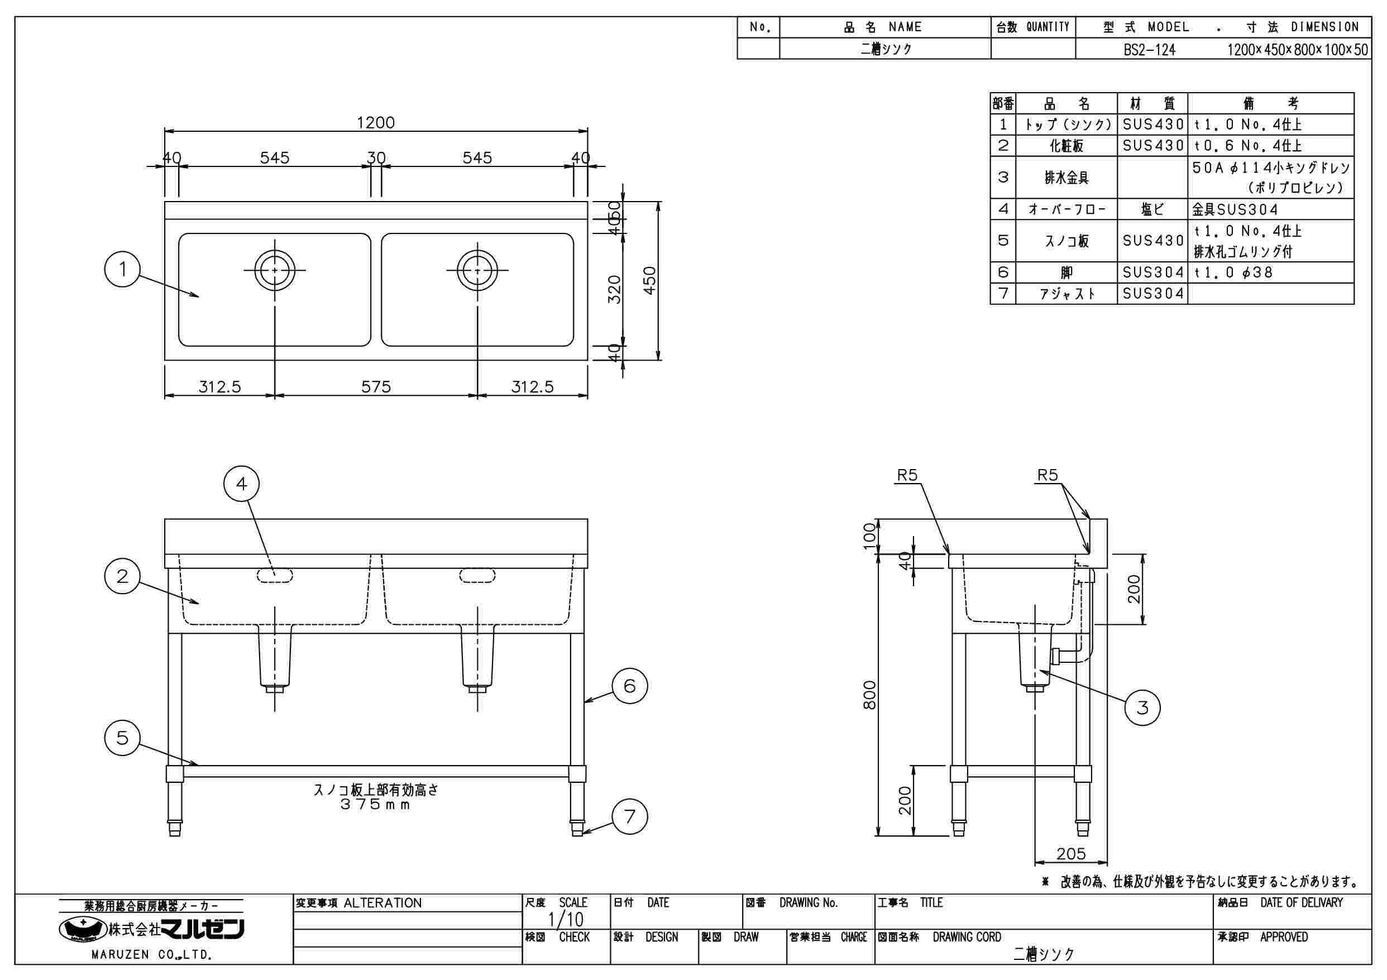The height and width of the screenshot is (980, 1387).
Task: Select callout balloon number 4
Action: coord(242,484)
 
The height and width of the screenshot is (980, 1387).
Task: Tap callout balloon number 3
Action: coord(1142,707)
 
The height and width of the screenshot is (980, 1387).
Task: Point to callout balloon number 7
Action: coord(629,817)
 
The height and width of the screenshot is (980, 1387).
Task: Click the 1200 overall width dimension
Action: coord(375,123)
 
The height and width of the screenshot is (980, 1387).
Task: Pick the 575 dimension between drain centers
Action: coord(376,386)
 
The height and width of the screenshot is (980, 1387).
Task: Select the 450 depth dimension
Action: coord(649,280)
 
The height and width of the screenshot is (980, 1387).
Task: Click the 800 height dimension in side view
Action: coord(869,695)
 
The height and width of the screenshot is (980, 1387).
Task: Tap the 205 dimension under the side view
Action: coord(1071,854)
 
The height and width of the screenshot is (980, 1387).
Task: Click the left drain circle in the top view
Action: coord(275,270)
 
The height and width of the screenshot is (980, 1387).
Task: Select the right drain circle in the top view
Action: coord(477,270)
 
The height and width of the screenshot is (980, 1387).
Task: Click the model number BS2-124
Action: coord(1149,50)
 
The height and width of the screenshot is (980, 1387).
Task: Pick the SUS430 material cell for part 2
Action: coord(1152,146)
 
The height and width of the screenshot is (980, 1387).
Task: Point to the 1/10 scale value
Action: coord(566,920)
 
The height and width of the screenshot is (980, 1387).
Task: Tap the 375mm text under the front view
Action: coord(376,805)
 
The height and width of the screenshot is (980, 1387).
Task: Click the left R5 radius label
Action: coord(907,476)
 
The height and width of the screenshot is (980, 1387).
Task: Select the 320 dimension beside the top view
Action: coord(614,289)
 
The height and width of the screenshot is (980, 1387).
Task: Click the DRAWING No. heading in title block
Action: coord(809,903)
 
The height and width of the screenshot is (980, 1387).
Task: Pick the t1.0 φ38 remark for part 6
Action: coord(1233,273)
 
